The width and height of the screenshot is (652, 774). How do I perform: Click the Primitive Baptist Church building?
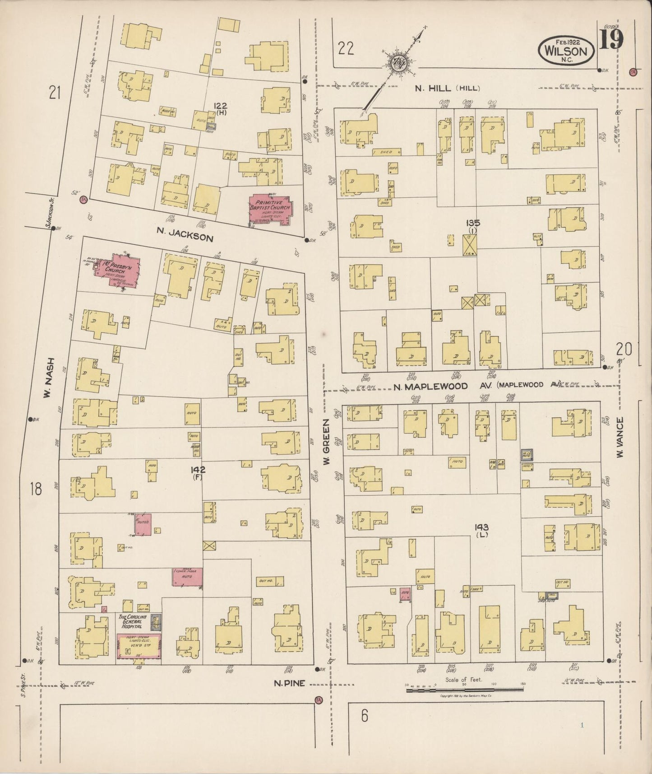271,210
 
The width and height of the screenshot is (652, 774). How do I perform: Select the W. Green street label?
327,441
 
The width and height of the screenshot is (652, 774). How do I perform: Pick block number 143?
481,527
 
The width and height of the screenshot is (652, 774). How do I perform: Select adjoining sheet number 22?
346,48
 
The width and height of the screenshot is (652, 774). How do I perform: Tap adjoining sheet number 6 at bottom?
365,728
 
